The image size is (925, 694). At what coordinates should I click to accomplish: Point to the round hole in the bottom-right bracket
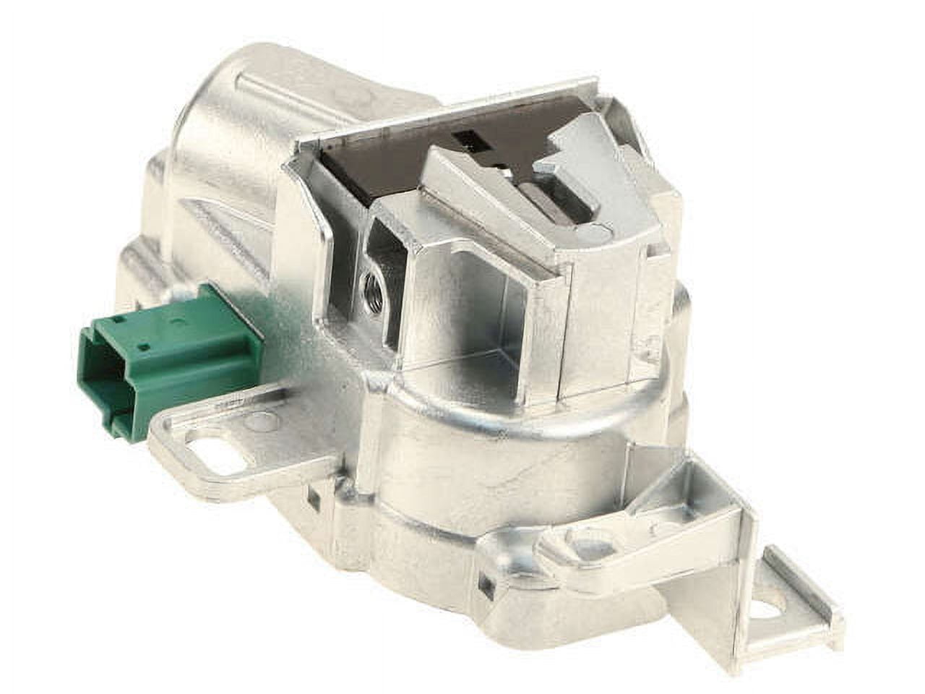773,611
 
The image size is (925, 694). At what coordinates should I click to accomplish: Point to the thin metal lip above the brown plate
448,108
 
